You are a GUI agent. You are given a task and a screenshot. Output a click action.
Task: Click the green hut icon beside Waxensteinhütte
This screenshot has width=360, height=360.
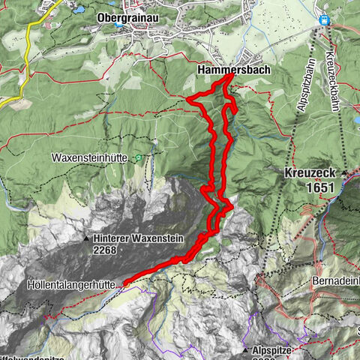coord(138,157)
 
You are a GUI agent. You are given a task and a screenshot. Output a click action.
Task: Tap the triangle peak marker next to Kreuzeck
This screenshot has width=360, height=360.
coord(343,172)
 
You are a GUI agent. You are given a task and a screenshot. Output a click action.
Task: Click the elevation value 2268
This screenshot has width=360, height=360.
coord(109,252)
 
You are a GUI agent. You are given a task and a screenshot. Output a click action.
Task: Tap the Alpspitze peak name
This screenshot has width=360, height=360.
coord(275,349)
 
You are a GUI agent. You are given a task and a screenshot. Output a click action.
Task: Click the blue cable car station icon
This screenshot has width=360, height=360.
coord(325,21)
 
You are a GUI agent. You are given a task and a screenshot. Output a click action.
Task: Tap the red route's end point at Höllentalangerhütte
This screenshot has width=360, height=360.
coord(125,283)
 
